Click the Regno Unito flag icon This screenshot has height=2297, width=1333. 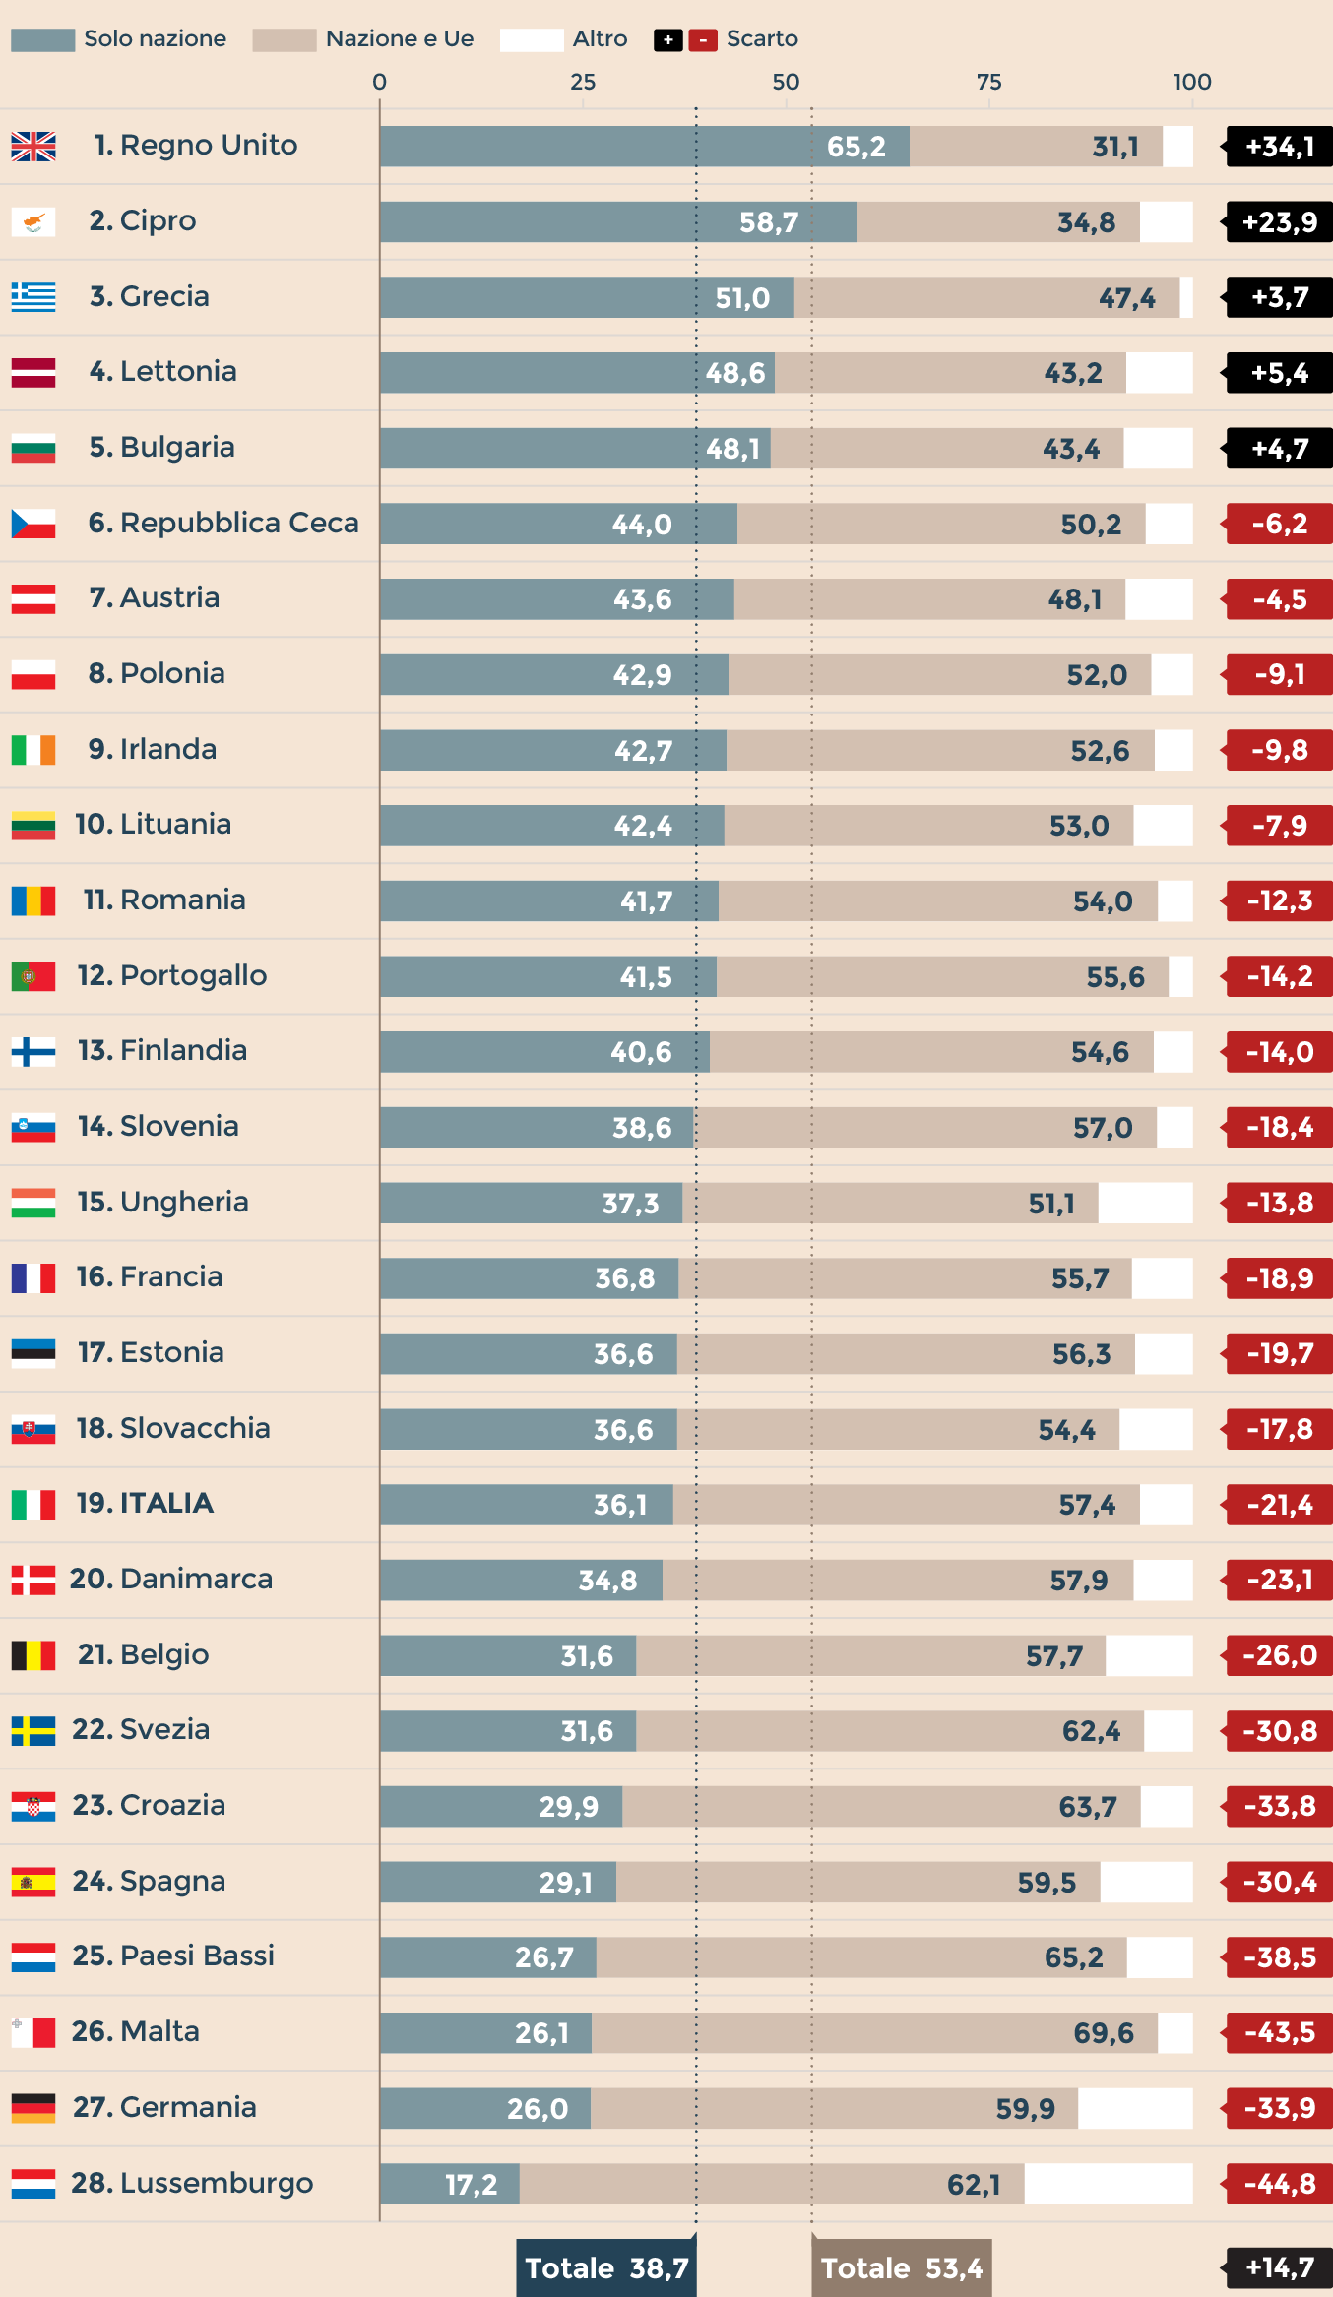(x=33, y=146)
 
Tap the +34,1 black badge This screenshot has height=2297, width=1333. (x=1279, y=147)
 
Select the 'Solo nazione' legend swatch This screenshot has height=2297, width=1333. (x=42, y=39)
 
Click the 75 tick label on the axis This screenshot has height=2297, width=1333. (x=988, y=82)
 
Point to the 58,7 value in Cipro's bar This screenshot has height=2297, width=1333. (x=769, y=222)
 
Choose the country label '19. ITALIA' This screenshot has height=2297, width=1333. (x=145, y=1503)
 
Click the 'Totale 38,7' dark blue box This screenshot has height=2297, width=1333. (x=606, y=2267)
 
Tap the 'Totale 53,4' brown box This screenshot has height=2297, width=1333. (x=901, y=2267)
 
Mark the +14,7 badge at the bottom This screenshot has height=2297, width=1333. (x=1279, y=2267)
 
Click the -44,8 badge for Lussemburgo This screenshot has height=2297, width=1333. (x=1279, y=2184)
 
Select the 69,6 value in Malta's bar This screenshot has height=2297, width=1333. (x=1103, y=2033)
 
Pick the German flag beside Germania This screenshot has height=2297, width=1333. (x=33, y=2108)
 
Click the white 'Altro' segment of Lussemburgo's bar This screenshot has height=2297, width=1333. (x=1108, y=2184)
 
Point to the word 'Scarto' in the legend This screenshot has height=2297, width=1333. (x=762, y=39)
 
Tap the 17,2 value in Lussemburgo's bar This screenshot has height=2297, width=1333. (x=471, y=2185)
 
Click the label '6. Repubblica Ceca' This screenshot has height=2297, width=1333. (x=223, y=523)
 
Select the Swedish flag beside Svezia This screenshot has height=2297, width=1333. (x=33, y=1730)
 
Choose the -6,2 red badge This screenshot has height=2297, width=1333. (x=1279, y=524)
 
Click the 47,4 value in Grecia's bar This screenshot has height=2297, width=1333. (x=1126, y=298)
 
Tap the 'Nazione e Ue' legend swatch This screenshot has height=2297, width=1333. (x=284, y=39)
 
